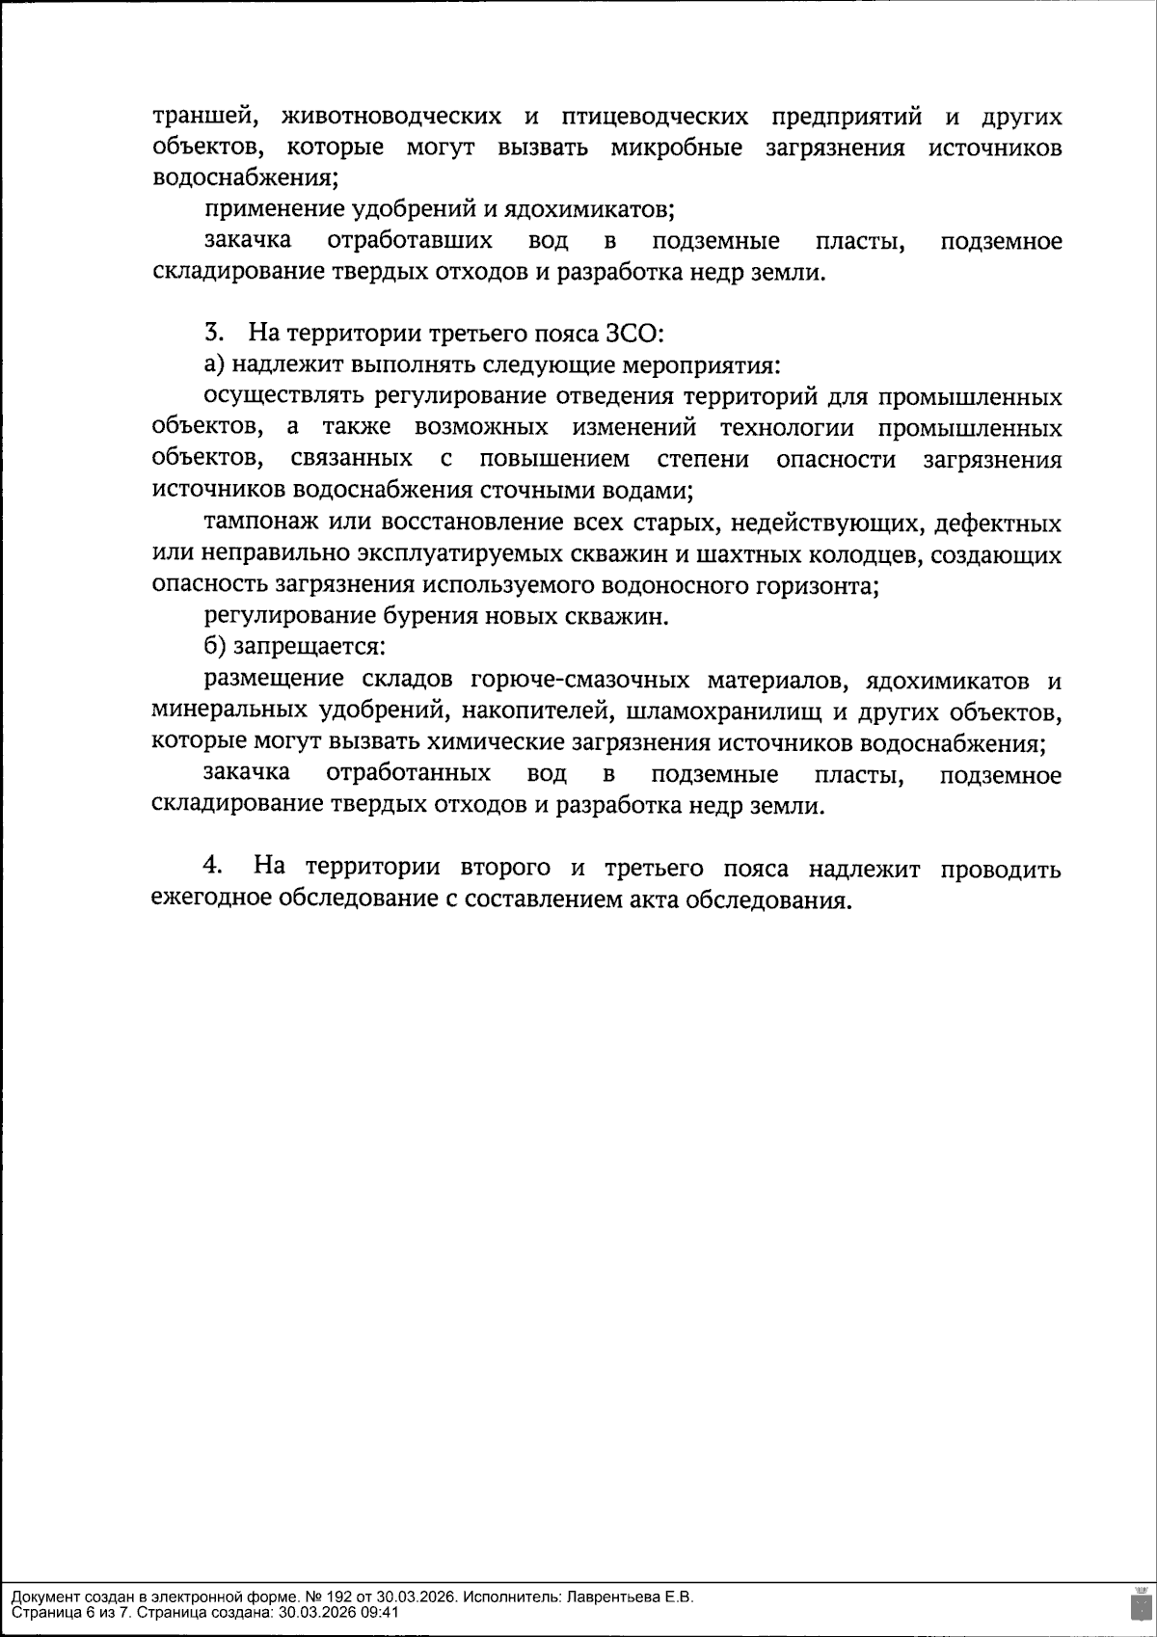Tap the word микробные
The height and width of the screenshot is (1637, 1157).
coord(676,148)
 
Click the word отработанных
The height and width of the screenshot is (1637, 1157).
coord(410,774)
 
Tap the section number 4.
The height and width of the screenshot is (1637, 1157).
coord(213,867)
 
